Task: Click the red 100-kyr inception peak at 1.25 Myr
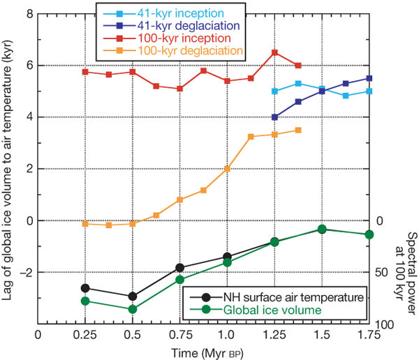pos(274,52)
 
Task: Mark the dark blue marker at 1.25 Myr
pos(274,117)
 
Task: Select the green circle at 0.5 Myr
pos(133,309)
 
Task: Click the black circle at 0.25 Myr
pos(85,287)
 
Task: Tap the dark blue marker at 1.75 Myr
pos(369,78)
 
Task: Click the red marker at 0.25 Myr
pos(85,72)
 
